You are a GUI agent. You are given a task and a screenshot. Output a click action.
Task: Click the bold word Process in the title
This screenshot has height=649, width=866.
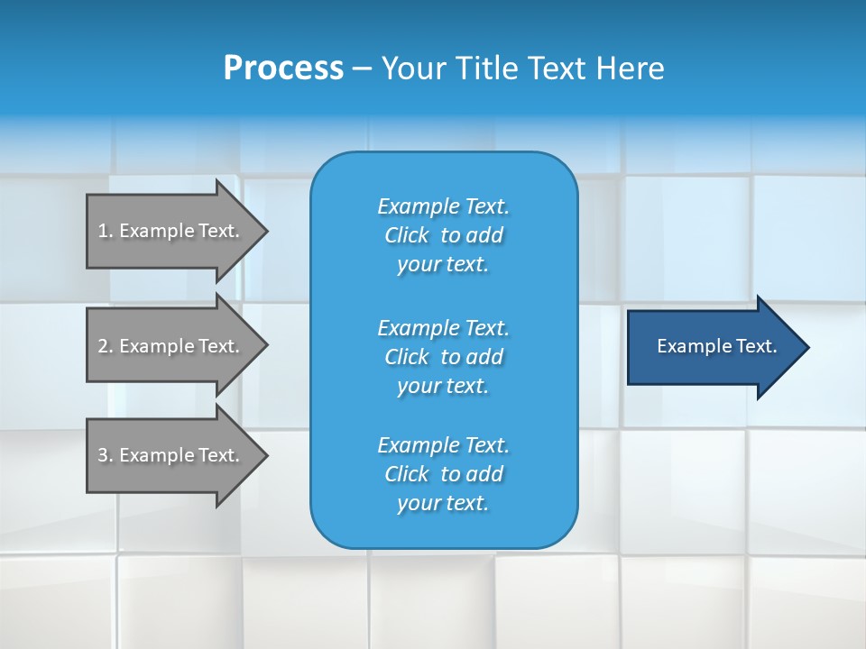pos(283,69)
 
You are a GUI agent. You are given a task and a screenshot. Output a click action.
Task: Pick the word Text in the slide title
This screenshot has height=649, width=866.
pos(557,69)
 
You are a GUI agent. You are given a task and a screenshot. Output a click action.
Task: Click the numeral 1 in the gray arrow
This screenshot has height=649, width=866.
pos(102,231)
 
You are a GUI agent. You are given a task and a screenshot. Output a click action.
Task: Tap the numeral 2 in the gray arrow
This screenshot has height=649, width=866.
pos(102,346)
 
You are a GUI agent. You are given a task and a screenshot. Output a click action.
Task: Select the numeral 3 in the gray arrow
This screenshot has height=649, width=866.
pos(102,455)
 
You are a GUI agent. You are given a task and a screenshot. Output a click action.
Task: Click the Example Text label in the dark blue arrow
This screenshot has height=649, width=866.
pos(716,346)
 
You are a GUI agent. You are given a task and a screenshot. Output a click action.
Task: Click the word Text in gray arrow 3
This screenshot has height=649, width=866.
pos(218,455)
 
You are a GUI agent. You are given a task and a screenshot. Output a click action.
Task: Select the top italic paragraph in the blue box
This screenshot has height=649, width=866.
pos(443,235)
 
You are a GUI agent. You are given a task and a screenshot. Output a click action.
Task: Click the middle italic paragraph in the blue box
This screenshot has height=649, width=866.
pos(443,356)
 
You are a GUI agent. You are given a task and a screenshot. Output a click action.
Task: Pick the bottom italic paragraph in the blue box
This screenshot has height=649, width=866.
pos(443,474)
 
